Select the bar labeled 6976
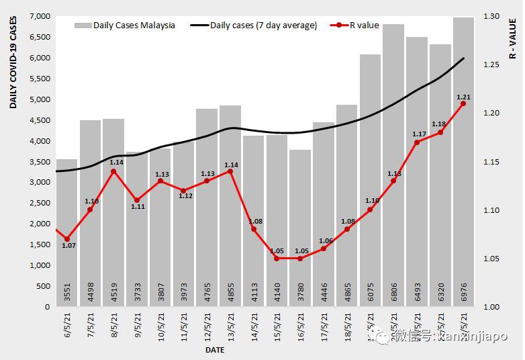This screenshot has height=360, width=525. coord(464,168)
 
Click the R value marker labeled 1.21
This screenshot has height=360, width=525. coord(463,103)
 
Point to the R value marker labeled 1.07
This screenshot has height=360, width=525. coord(66,239)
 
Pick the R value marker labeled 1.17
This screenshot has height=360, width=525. coord(417,142)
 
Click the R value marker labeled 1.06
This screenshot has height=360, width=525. coord(324,249)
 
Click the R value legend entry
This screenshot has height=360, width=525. coord(356,26)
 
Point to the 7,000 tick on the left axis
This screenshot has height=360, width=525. coord(42,16)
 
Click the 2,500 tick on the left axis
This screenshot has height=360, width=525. coord(42,204)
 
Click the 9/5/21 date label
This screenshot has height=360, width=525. coord(138,324)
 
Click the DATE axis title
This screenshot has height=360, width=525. coord(215,350)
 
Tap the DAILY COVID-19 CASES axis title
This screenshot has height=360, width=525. coord(13,64)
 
